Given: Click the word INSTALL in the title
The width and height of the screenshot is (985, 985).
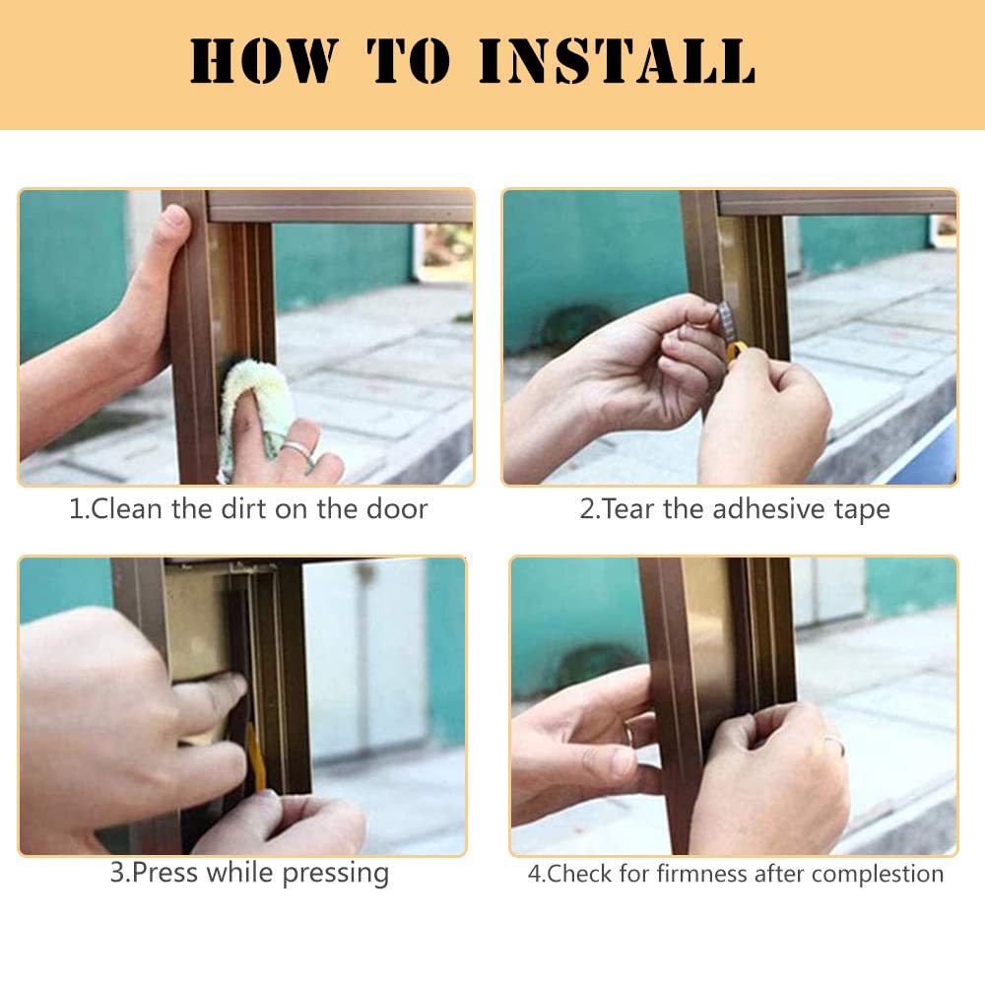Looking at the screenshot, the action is click(617, 60).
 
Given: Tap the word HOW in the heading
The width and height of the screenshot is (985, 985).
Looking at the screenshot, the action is click(264, 60).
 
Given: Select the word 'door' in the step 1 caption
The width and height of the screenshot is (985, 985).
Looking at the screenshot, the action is click(397, 509).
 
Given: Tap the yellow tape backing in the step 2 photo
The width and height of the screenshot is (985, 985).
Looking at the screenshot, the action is click(734, 353).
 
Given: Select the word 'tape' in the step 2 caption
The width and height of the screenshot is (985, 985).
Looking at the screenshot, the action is click(862, 510).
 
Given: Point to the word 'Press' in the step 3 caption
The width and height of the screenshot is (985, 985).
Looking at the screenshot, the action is click(165, 872).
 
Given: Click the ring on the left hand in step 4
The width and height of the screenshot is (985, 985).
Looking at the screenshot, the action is click(628, 733).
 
